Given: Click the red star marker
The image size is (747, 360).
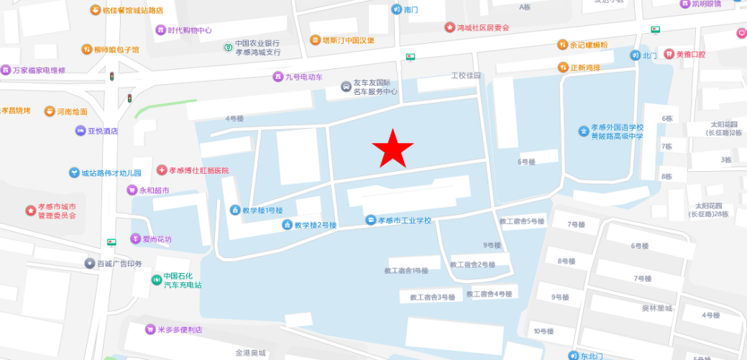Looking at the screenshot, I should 393,149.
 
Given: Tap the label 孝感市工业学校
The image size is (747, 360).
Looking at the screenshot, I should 405,220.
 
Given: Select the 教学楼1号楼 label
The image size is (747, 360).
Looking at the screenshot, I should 262,210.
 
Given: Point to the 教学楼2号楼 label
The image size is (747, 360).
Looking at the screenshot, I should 315,225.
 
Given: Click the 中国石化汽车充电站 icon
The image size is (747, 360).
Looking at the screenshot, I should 156,280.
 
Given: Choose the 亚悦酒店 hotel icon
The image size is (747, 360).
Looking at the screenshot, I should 81,131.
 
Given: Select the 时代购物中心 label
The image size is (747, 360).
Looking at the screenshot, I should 190,30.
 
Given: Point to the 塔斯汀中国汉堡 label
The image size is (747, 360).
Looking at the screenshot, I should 348,40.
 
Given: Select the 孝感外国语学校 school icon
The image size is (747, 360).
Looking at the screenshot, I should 584,131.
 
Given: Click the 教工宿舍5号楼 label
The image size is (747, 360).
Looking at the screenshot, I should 521,221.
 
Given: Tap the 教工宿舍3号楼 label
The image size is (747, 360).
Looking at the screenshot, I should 434,297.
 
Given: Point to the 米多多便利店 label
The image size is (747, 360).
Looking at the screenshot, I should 180,330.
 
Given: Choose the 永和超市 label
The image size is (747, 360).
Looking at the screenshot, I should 155,190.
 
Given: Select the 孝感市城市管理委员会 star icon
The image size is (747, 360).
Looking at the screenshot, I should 30,211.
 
